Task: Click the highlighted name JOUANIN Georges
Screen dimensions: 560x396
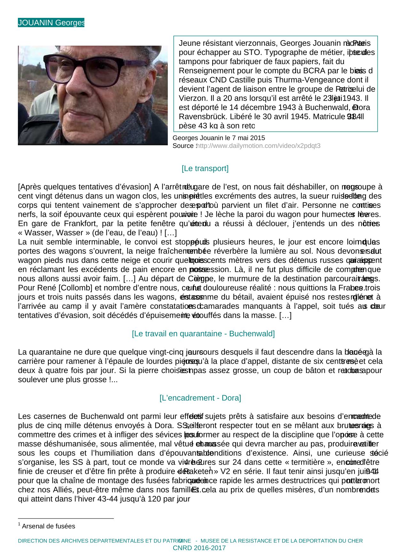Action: coord(51,23)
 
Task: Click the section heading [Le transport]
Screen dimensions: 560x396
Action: coord(205,168)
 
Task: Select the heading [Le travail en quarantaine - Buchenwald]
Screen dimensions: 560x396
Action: coord(203,334)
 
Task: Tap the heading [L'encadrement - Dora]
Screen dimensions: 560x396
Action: coord(200,398)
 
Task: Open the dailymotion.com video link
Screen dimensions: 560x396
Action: coord(259,146)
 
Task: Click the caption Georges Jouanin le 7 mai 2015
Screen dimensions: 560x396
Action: coord(219,138)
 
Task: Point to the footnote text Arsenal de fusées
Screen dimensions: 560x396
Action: coord(49,526)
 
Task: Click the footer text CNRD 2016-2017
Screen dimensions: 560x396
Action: coord(199,548)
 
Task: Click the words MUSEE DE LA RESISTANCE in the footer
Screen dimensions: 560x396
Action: coord(237,541)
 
